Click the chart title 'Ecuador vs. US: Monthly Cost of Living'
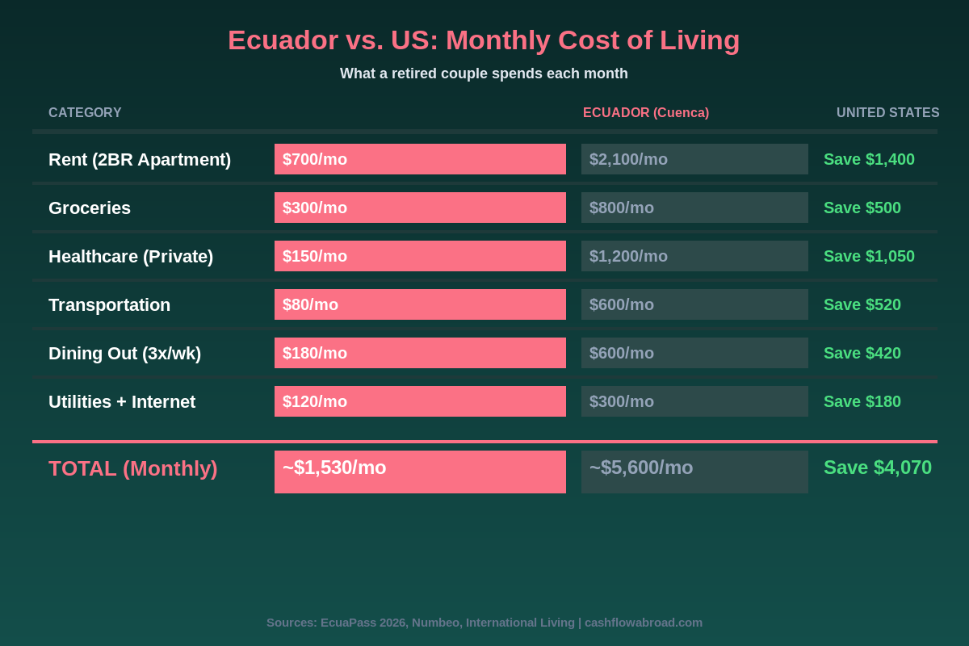tap(484, 40)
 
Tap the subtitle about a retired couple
tap(484, 73)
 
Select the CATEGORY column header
tap(85, 113)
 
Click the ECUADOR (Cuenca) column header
tap(646, 113)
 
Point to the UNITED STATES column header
tap(887, 113)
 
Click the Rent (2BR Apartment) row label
tap(140, 160)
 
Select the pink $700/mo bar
tap(420, 159)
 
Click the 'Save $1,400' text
tap(869, 160)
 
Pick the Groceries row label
tap(90, 208)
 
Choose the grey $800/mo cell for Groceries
tap(694, 208)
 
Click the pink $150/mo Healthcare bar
tap(420, 256)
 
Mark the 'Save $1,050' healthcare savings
tap(869, 257)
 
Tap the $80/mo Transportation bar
tap(420, 304)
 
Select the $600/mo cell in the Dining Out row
tap(694, 353)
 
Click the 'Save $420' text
tap(862, 354)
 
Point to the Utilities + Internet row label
tap(122, 402)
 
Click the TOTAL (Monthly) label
tap(133, 468)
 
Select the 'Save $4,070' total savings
tap(877, 468)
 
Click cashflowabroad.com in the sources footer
tap(643, 623)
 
